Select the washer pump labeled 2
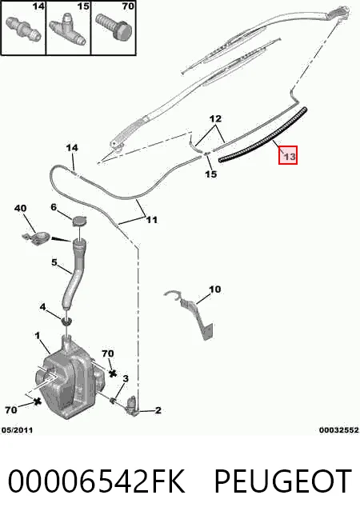pyautogui.click(x=132, y=406)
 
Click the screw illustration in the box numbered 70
pyautogui.click(x=114, y=27)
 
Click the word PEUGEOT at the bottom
pyautogui.click(x=282, y=481)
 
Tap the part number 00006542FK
pyautogui.click(x=97, y=481)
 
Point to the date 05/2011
pyautogui.click(x=18, y=430)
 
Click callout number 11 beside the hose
pyautogui.click(x=151, y=220)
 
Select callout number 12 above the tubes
pyautogui.click(x=215, y=118)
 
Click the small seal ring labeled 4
pyautogui.click(x=67, y=321)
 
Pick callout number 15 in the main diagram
pyautogui.click(x=211, y=174)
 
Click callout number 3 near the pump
pyautogui.click(x=126, y=378)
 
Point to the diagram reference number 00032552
pyautogui.click(x=339, y=430)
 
